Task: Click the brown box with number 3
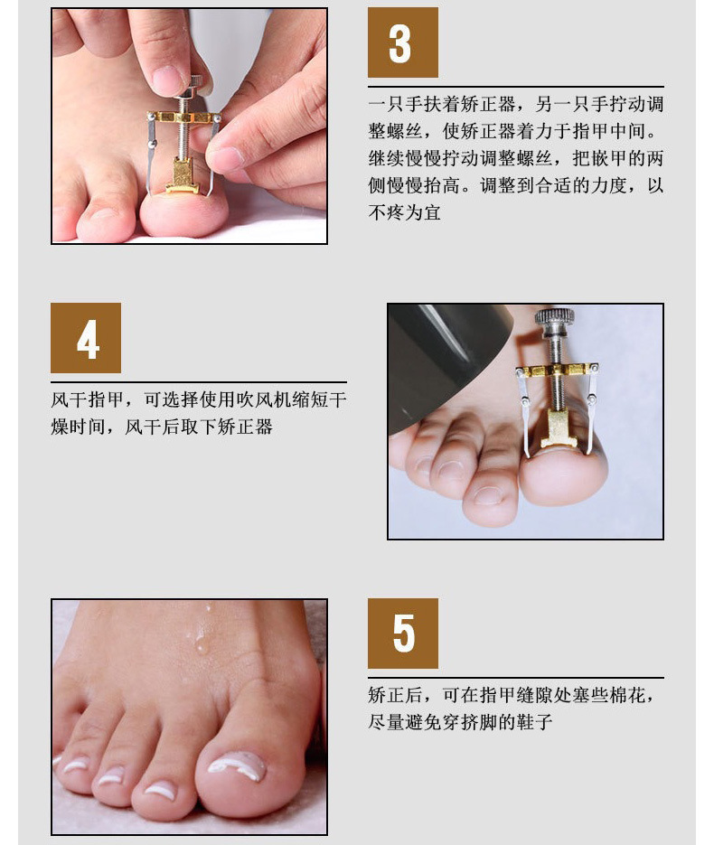pos(402,42)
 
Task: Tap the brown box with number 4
pos(86,338)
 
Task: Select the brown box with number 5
pos(402,634)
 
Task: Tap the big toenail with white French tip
pos(237,766)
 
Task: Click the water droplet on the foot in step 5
pos(202,644)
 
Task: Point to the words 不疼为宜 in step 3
pos(405,212)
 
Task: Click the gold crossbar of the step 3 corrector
pos(183,117)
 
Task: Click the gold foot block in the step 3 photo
pos(182,176)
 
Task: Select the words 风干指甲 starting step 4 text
pos(88,399)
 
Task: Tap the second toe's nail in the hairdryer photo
pos(488,494)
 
